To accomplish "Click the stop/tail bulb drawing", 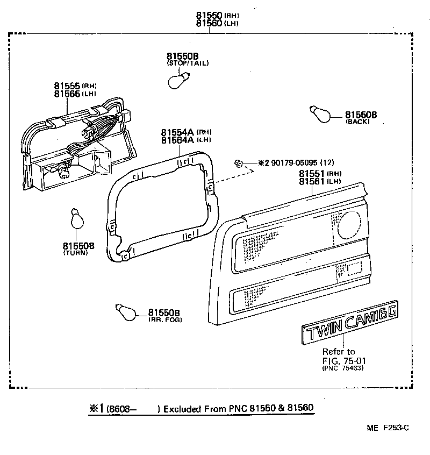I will pyautogui.click(x=176, y=81).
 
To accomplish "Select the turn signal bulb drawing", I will pyautogui.click(x=76, y=219).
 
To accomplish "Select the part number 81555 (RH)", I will pyautogui.click(x=67, y=86).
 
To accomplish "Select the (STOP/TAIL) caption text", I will pyautogui.click(x=188, y=63).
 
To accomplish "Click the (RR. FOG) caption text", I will pyautogui.click(x=165, y=319).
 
